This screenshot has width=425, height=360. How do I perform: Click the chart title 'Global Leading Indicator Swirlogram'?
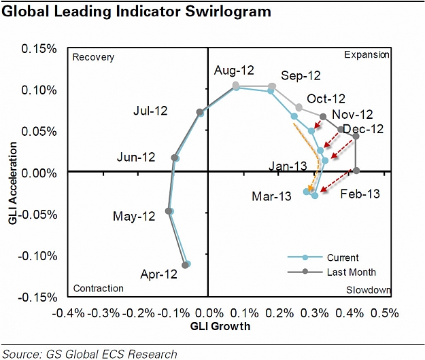pyautogui.click(x=136, y=12)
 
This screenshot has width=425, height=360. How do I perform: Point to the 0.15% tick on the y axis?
pyautogui.click(x=39, y=49)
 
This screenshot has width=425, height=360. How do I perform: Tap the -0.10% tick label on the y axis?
pyautogui.click(x=37, y=255)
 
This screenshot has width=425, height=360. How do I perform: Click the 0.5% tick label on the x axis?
pyautogui.click(x=385, y=313)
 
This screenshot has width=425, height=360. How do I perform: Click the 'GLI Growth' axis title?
pyautogui.click(x=220, y=327)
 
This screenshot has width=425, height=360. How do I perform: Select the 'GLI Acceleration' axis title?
pyautogui.click(x=13, y=183)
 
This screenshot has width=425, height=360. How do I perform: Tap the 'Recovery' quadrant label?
pyautogui.click(x=93, y=57)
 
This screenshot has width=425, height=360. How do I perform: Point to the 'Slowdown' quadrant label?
pyautogui.click(x=368, y=290)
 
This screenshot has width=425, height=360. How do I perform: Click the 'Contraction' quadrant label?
pyautogui.click(x=98, y=289)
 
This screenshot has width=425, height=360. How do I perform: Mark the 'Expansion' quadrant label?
pyautogui.click(x=367, y=55)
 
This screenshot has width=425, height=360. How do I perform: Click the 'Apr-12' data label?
pyautogui.click(x=158, y=274)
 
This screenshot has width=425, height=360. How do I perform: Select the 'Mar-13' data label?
pyautogui.click(x=271, y=196)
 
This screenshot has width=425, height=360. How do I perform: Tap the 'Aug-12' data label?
pyautogui.click(x=234, y=71)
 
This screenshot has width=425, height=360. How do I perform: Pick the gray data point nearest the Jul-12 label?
pyautogui.click(x=200, y=112)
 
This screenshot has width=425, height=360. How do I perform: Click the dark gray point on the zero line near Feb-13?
pyautogui.click(x=356, y=170)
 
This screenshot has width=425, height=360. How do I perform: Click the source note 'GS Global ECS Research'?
pyautogui.click(x=112, y=354)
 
